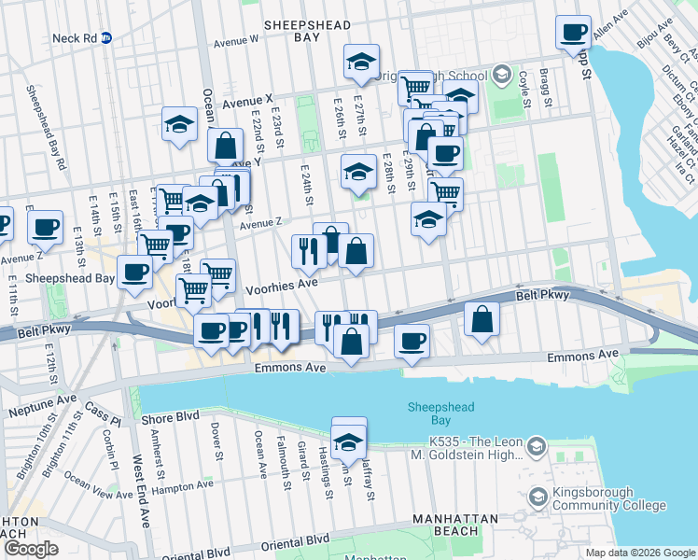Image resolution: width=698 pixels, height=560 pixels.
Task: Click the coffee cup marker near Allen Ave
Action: (574, 33)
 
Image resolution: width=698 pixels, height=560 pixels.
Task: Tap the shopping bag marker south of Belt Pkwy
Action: (482, 320)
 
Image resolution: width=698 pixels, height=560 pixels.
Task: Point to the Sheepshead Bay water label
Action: (441, 413)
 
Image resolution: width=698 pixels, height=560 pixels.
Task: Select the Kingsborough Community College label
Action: (593, 498)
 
